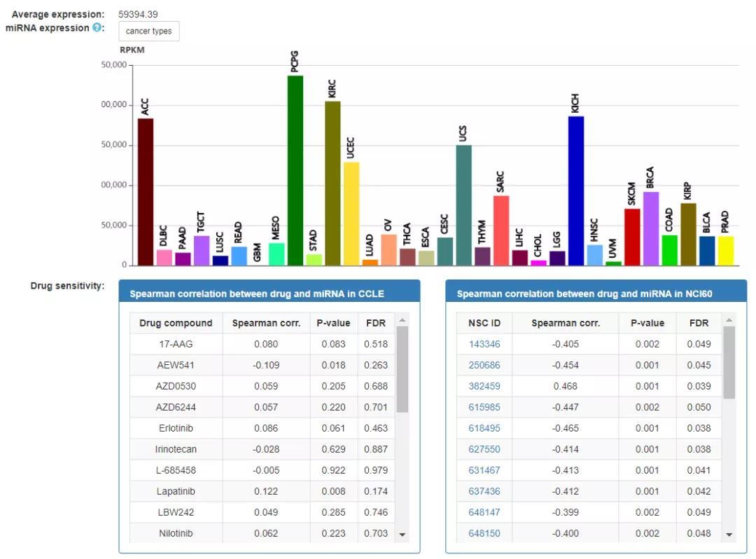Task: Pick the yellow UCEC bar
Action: pyautogui.click(x=351, y=214)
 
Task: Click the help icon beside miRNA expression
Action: pyautogui.click(x=98, y=28)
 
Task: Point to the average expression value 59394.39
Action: pyautogui.click(x=138, y=14)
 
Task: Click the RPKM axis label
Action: pyautogui.click(x=132, y=50)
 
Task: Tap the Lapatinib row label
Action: pyautogui.click(x=176, y=491)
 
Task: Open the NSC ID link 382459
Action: pyautogui.click(x=484, y=386)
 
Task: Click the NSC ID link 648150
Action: pyautogui.click(x=484, y=533)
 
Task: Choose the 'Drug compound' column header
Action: pyautogui.click(x=176, y=323)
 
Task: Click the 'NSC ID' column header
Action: pyautogui.click(x=484, y=323)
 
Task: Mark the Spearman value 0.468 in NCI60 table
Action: pyautogui.click(x=566, y=386)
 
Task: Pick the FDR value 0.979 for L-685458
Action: pyautogui.click(x=376, y=470)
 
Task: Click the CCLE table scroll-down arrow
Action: pyautogui.click(x=402, y=534)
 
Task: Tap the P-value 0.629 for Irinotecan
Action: pyautogui.click(x=334, y=449)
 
